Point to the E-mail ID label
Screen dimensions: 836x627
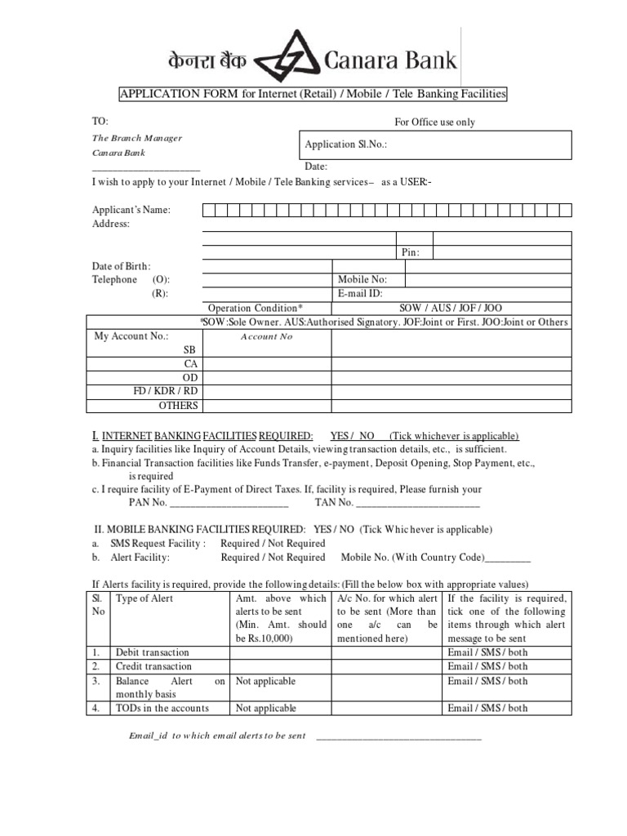[x=359, y=293]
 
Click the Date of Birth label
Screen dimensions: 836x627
[x=121, y=266]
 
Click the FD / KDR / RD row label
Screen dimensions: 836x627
[x=166, y=391]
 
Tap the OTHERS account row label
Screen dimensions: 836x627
[x=178, y=405]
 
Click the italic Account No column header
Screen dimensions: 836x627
[x=266, y=336]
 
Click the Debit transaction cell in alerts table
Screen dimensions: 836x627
[x=152, y=652]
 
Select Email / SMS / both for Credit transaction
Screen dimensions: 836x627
[x=487, y=666]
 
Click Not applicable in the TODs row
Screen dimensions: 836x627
[x=265, y=708]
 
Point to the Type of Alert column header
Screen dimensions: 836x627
[x=145, y=598]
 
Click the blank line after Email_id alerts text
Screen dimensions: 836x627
[x=398, y=736]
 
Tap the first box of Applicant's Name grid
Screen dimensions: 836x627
[x=209, y=210]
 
